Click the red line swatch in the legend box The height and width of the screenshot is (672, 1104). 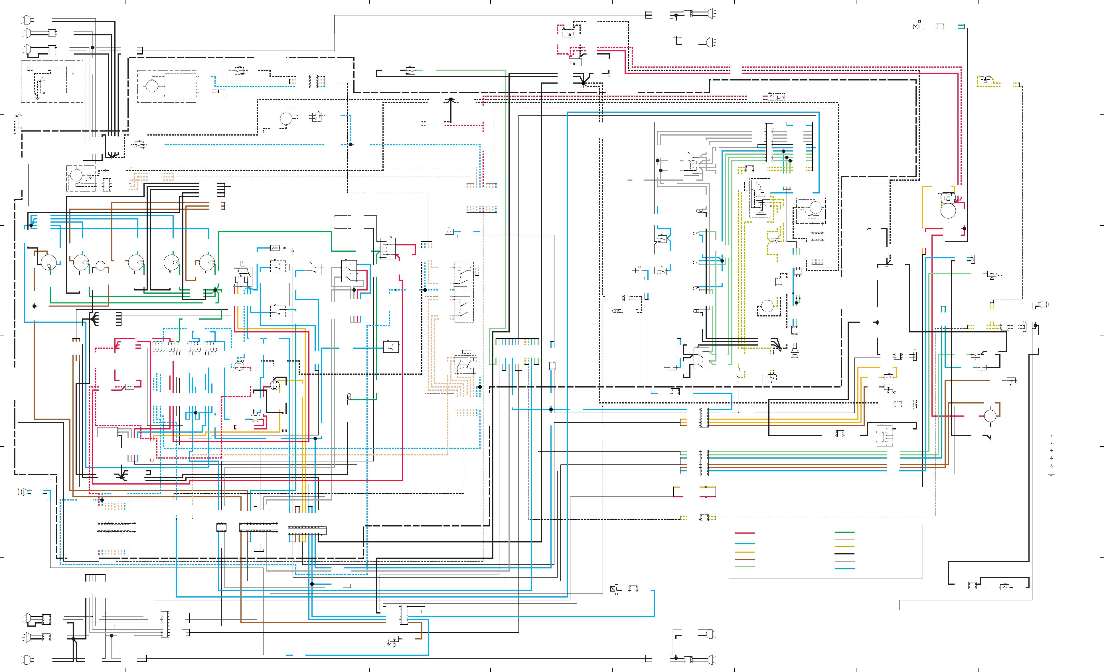(x=745, y=533)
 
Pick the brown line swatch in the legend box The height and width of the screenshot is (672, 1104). (x=745, y=560)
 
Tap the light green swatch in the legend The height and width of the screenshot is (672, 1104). (x=745, y=567)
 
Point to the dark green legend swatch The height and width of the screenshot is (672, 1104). (x=844, y=532)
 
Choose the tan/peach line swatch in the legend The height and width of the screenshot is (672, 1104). (x=844, y=539)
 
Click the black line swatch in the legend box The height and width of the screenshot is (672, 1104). (x=844, y=554)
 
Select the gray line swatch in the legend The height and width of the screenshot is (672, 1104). (x=844, y=561)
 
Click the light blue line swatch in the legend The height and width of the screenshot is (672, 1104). (x=745, y=543)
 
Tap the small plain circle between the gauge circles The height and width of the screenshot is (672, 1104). (x=100, y=266)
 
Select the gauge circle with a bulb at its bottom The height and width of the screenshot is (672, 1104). (x=48, y=263)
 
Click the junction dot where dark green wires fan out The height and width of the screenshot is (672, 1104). (x=215, y=290)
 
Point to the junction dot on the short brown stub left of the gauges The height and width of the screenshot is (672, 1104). (x=35, y=306)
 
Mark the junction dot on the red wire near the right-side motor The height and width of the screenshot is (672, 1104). (x=964, y=229)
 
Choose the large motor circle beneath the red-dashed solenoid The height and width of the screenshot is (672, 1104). (x=948, y=211)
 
